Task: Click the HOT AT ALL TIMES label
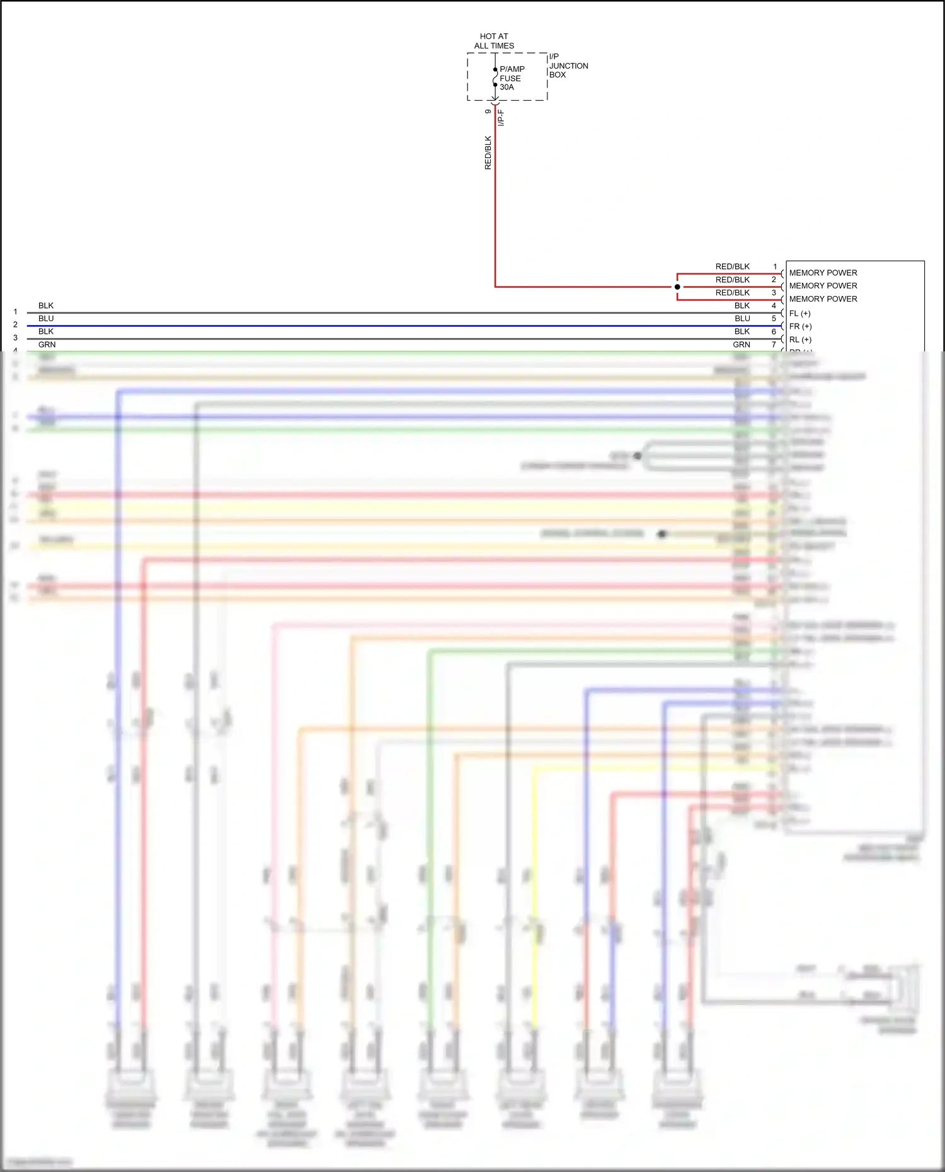pyautogui.click(x=494, y=41)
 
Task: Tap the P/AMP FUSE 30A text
pyautogui.click(x=512, y=78)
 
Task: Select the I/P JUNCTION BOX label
pyautogui.click(x=568, y=65)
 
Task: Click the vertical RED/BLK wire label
pyautogui.click(x=488, y=152)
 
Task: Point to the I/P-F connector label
pyautogui.click(x=501, y=118)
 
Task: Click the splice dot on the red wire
pyautogui.click(x=677, y=287)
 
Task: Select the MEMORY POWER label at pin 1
pyautogui.click(x=823, y=273)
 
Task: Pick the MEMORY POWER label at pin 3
pyautogui.click(x=823, y=299)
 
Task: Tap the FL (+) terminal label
pyautogui.click(x=799, y=313)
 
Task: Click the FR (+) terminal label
pyautogui.click(x=800, y=326)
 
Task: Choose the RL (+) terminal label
pyautogui.click(x=800, y=339)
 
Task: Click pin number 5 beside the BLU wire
pyautogui.click(x=774, y=319)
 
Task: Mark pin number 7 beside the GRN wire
pyautogui.click(x=774, y=344)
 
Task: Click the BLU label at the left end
pyautogui.click(x=46, y=319)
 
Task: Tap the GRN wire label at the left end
pyautogui.click(x=47, y=344)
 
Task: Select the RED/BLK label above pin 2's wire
pyautogui.click(x=732, y=280)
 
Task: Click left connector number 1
pyautogui.click(x=15, y=312)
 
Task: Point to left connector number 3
pyautogui.click(x=15, y=338)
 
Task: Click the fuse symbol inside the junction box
pyautogui.click(x=495, y=77)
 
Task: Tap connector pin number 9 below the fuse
pyautogui.click(x=488, y=111)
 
